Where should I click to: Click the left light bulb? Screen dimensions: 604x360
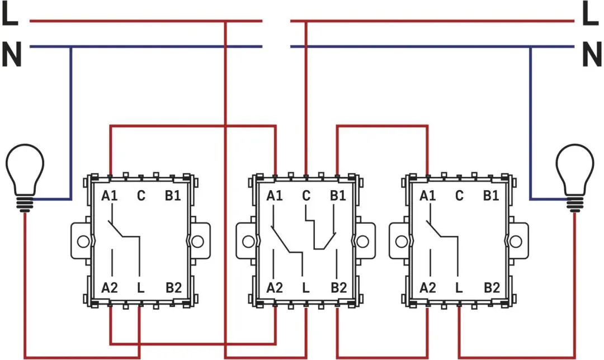click(x=25, y=178)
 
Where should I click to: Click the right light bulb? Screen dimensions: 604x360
click(x=575, y=178)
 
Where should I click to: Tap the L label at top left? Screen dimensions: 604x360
click(x=10, y=14)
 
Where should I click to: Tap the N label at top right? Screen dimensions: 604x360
click(x=592, y=54)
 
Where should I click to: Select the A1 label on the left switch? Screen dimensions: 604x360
click(x=110, y=196)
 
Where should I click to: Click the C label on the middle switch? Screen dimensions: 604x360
click(x=306, y=196)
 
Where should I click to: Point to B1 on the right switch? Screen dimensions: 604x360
click(x=491, y=196)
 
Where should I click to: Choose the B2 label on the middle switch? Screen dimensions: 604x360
click(x=339, y=288)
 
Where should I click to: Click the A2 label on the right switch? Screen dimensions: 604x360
click(x=428, y=288)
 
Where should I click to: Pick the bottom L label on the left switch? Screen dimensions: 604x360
click(x=141, y=288)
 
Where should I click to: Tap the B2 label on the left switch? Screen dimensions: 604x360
click(x=174, y=288)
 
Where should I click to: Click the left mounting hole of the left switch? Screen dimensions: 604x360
click(x=83, y=241)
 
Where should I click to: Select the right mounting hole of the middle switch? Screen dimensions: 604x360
click(x=362, y=241)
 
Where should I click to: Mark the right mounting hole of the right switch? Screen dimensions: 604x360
click(x=516, y=241)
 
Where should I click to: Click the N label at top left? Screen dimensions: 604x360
click(x=12, y=54)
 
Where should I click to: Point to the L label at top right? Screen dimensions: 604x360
click(x=591, y=14)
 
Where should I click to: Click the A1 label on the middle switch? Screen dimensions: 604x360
click(x=275, y=196)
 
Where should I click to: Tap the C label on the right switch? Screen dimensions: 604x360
click(x=459, y=196)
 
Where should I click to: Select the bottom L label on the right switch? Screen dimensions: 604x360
click(x=459, y=288)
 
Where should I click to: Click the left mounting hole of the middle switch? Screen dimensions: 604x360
click(x=248, y=241)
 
